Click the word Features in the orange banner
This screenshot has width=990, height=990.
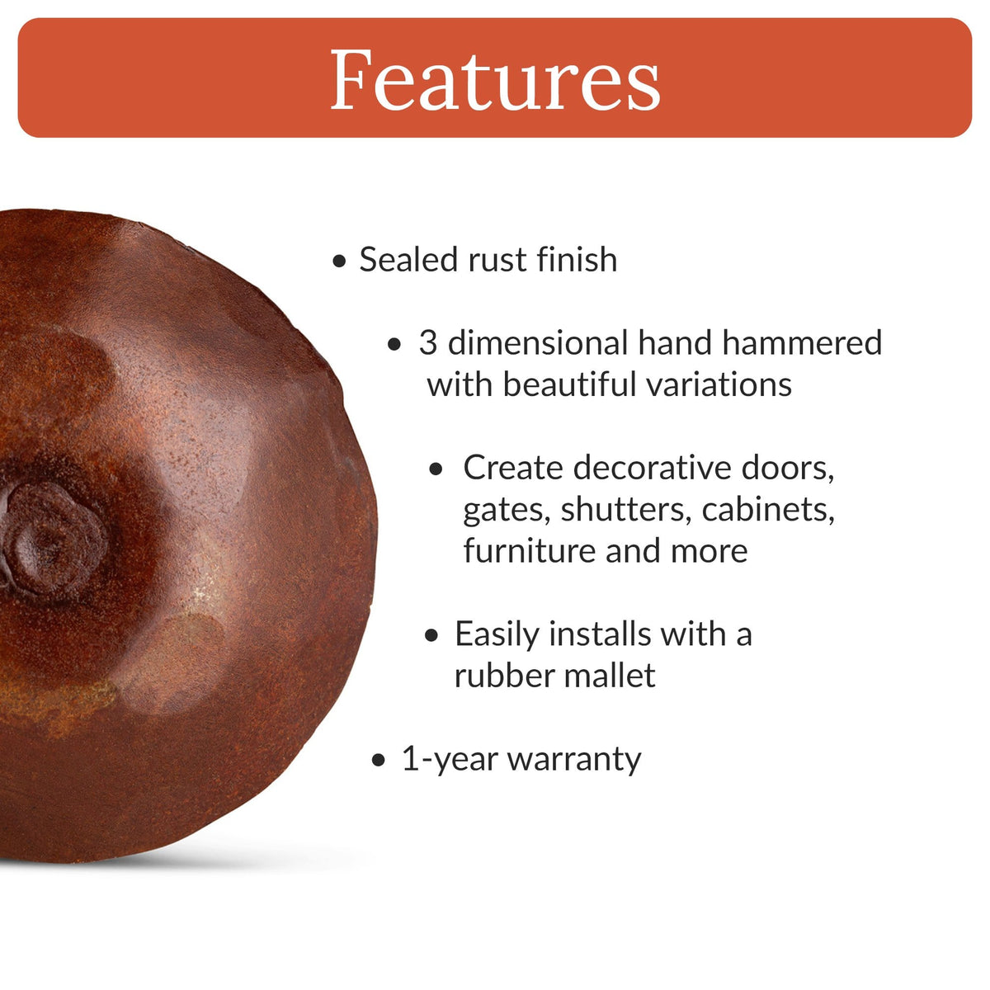click(x=495, y=80)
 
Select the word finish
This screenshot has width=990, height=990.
click(x=577, y=260)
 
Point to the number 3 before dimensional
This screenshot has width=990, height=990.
click(x=427, y=343)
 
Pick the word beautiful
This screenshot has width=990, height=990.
click(x=569, y=384)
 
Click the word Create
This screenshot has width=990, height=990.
click(x=512, y=468)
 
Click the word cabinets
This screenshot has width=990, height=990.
click(x=768, y=509)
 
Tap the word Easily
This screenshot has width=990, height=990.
click(x=497, y=634)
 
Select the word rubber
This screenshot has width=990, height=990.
click(x=500, y=676)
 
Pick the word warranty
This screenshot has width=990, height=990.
click(x=574, y=760)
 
